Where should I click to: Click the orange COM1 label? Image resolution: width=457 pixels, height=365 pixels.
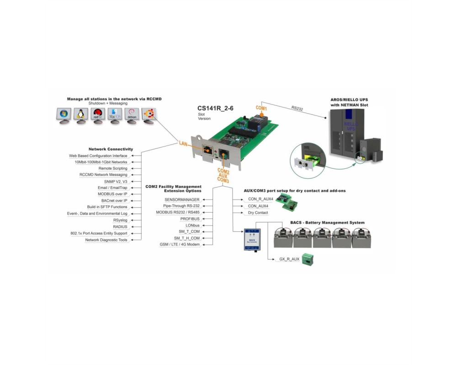(261, 108)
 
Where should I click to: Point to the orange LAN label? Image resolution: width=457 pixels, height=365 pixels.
(183, 144)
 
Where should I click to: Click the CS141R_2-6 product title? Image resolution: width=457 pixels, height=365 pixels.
(215, 108)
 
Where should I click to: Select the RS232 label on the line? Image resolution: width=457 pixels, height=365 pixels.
(297, 108)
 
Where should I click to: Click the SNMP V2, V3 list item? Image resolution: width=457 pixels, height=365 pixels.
(116, 182)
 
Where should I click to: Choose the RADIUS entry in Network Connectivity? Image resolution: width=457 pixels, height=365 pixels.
(120, 227)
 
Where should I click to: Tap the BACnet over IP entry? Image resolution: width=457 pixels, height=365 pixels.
(114, 201)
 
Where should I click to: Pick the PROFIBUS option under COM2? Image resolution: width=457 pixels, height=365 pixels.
(190, 219)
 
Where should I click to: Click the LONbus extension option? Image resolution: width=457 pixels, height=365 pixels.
(193, 225)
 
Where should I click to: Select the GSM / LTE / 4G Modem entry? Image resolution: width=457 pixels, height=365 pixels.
(180, 245)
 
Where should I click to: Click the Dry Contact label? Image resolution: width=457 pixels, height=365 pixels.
(258, 213)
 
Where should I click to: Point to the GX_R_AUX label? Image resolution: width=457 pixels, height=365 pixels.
(289, 259)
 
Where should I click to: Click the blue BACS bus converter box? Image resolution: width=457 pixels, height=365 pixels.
(252, 240)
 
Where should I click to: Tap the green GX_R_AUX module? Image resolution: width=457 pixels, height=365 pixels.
(308, 259)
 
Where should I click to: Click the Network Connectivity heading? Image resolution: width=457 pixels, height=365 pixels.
(111, 149)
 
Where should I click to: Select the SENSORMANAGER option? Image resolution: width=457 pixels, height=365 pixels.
(182, 200)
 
